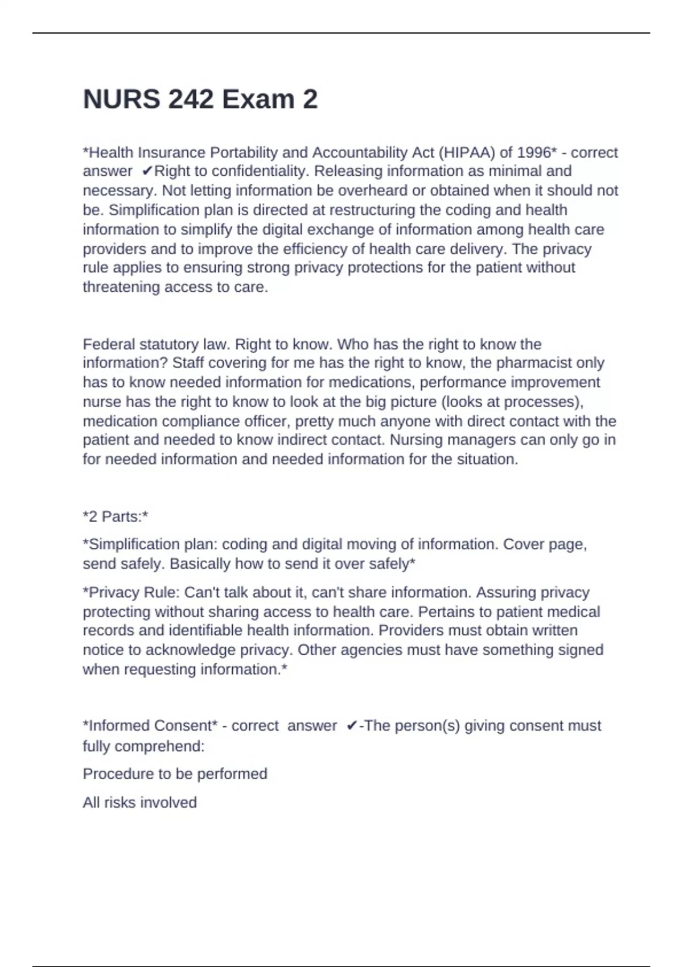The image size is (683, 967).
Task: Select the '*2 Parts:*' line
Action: click(116, 517)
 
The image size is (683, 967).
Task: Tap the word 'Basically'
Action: click(200, 564)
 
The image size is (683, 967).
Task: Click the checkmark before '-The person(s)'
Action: click(352, 726)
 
